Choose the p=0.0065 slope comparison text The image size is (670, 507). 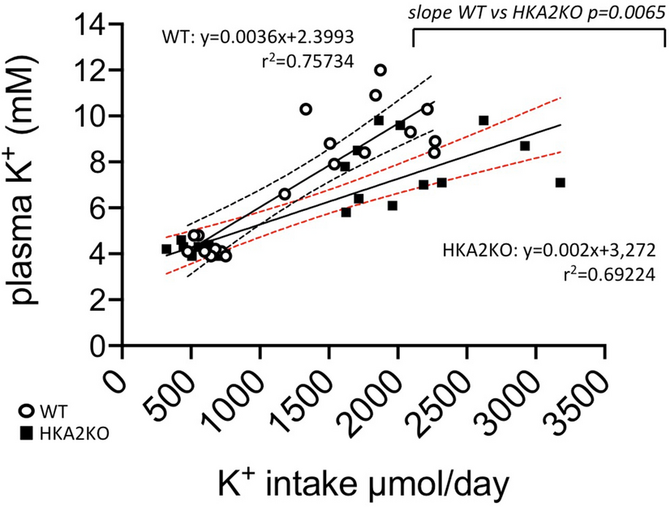tap(535, 11)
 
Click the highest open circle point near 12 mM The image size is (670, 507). tap(380, 70)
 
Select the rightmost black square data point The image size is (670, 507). tap(560, 183)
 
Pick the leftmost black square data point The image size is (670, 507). tap(166, 249)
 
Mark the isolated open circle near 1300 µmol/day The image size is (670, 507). tap(306, 109)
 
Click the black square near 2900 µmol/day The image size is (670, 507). tap(525, 146)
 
